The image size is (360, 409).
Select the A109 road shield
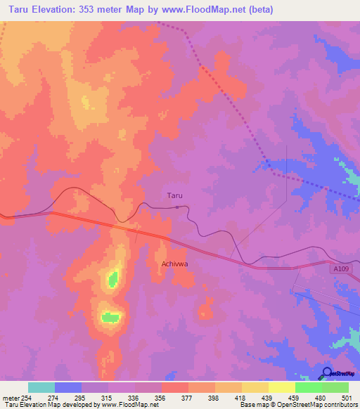[341, 268]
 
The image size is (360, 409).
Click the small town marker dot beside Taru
[177, 207]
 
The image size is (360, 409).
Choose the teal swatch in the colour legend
[41, 387]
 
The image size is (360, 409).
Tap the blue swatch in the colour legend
[68, 387]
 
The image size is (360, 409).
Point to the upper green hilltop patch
[112, 280]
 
